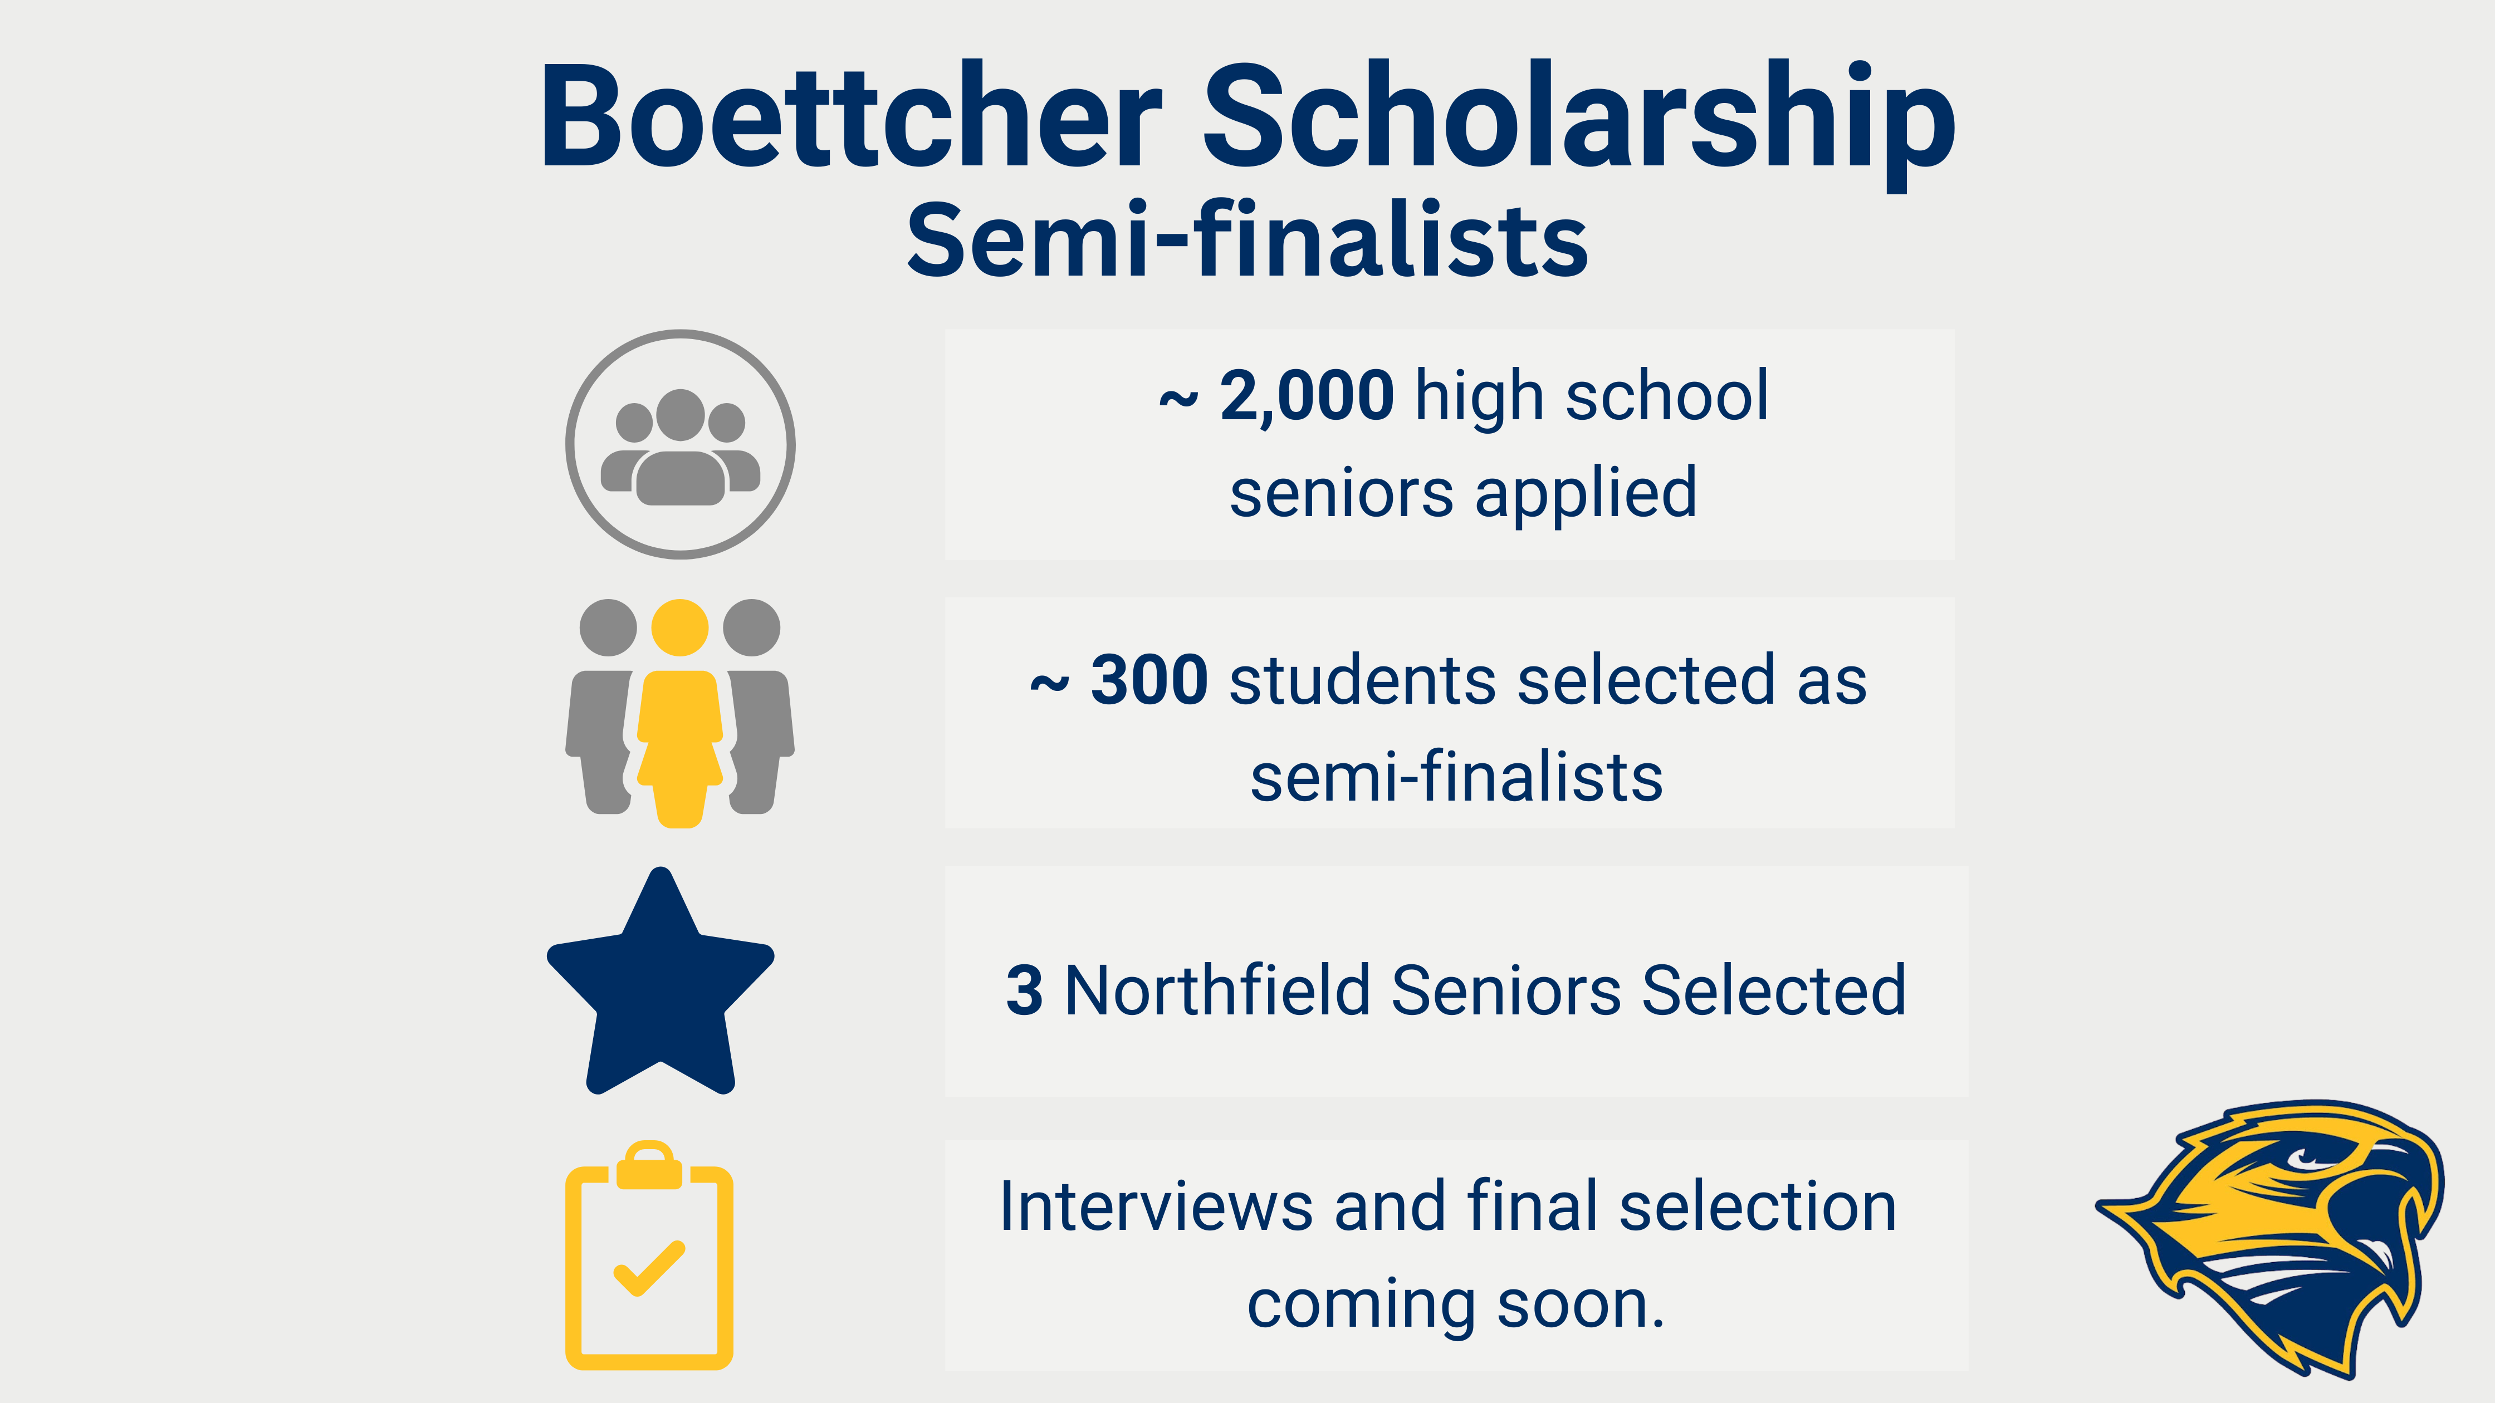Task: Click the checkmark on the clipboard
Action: pos(649,1268)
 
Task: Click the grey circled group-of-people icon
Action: pos(680,444)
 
